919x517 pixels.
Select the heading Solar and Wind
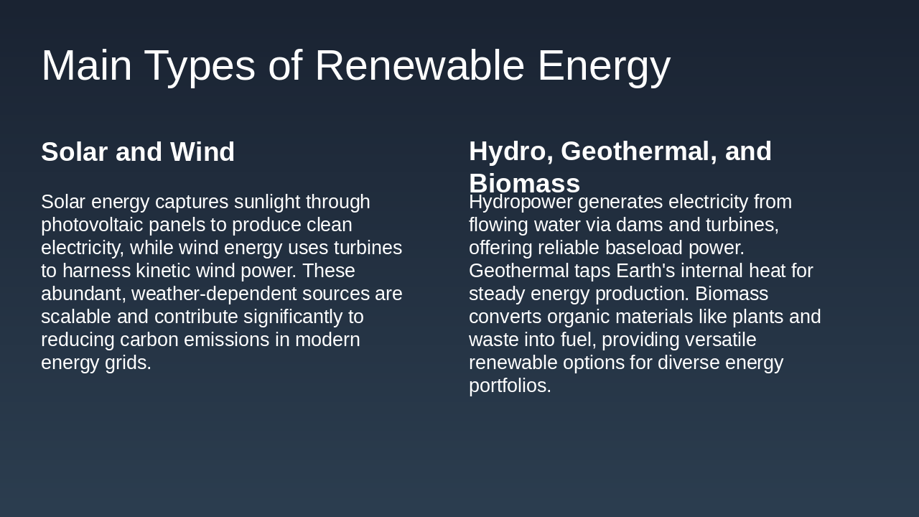tap(138, 152)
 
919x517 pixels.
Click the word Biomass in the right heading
tap(524, 184)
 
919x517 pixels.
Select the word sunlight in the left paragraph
tap(267, 202)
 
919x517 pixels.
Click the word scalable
tap(75, 317)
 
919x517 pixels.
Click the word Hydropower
tap(521, 202)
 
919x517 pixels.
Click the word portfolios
tap(510, 386)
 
